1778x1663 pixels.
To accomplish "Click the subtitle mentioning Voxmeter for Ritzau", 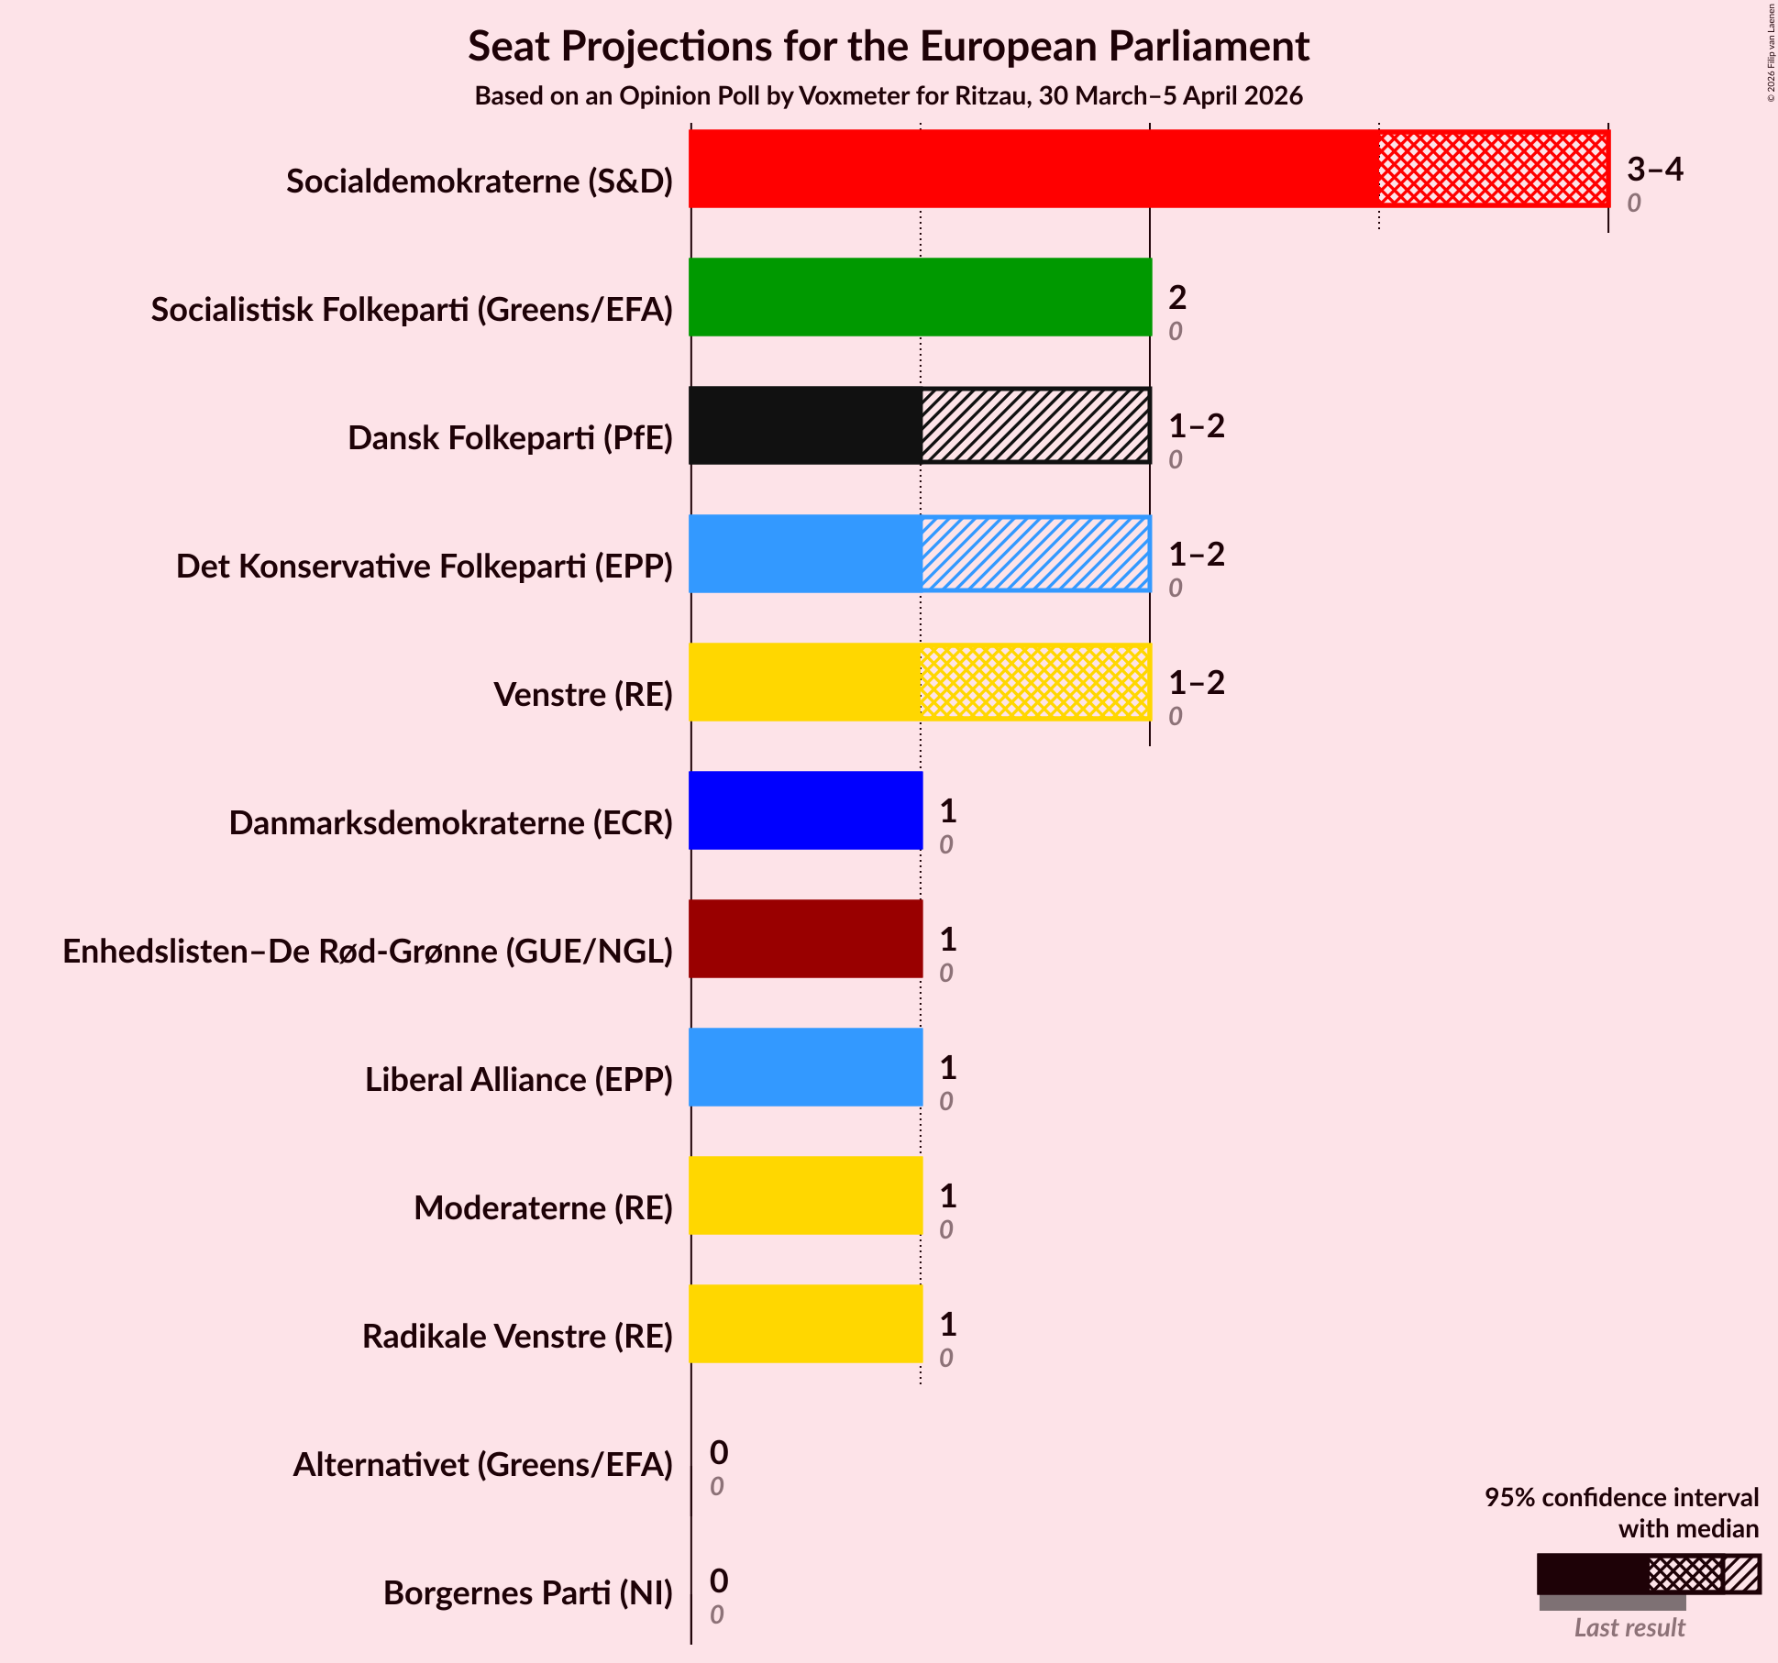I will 888,96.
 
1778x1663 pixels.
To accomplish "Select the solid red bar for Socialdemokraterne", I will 1033,169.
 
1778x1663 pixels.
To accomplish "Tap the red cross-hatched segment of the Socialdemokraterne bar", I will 1493,169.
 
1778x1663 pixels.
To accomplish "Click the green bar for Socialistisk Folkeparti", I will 920,297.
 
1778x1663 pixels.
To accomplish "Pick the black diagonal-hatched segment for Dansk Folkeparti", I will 1035,425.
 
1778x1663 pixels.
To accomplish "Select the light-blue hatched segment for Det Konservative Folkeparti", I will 1035,554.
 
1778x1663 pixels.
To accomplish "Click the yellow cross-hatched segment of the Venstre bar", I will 1035,682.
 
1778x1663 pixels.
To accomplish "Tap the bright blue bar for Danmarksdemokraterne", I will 805,810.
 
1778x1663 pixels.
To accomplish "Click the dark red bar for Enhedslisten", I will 805,939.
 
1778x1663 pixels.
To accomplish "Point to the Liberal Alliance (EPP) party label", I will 519,1080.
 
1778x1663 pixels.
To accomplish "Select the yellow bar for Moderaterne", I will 805,1195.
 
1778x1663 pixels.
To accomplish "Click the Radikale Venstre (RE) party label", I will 517,1337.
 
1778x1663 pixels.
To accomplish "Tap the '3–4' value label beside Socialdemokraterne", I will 1654,169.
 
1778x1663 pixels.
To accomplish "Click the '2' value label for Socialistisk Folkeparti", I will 1177,297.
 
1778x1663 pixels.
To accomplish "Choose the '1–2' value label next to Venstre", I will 1196,682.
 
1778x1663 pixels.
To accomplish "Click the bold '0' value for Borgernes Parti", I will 719,1580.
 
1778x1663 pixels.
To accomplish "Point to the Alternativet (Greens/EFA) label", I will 482,1465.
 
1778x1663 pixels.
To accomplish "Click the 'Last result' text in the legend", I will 1629,1627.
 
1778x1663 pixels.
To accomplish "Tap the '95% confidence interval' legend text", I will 1621,1497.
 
